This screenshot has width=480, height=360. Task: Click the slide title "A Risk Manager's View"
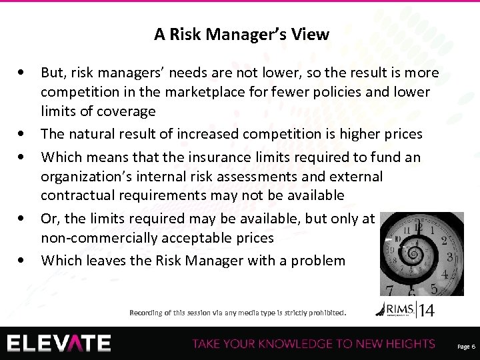click(x=241, y=35)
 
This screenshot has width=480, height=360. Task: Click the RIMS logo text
click(x=397, y=308)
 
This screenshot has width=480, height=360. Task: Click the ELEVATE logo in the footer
click(x=60, y=343)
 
